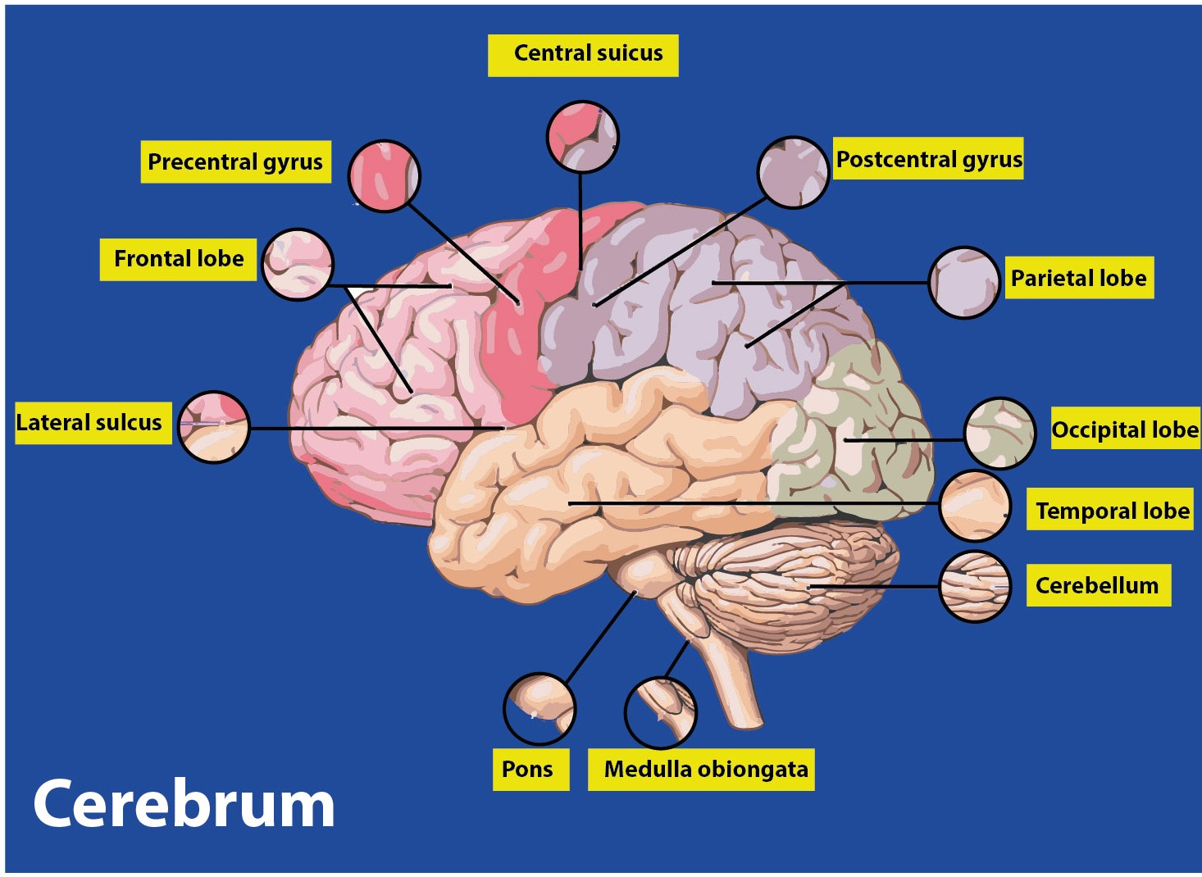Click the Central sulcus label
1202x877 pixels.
pyautogui.click(x=583, y=55)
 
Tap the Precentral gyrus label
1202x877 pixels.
pyautogui.click(x=235, y=161)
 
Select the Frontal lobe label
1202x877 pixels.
pyautogui.click(x=178, y=259)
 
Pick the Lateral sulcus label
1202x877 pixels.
pyautogui.click(x=90, y=423)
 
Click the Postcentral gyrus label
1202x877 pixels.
pyautogui.click(x=928, y=159)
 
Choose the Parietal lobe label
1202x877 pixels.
pyautogui.click(x=1078, y=278)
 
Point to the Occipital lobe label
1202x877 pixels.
pyautogui.click(x=1124, y=429)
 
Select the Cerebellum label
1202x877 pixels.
pyautogui.click(x=1097, y=585)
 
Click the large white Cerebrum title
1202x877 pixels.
pyautogui.click(x=184, y=804)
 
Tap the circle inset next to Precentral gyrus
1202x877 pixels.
pyautogui.click(x=384, y=176)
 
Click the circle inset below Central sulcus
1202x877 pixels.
pyautogui.click(x=582, y=137)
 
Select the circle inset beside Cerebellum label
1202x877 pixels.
pyautogui.click(x=975, y=586)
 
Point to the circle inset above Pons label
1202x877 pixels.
pyautogui.click(x=540, y=709)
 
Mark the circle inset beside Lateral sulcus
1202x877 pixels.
pyautogui.click(x=213, y=427)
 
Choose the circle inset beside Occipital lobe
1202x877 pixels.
pyautogui.click(x=999, y=434)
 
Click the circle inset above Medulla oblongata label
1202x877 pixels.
pyautogui.click(x=660, y=712)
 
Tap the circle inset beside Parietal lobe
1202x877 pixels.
pyautogui.click(x=964, y=283)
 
